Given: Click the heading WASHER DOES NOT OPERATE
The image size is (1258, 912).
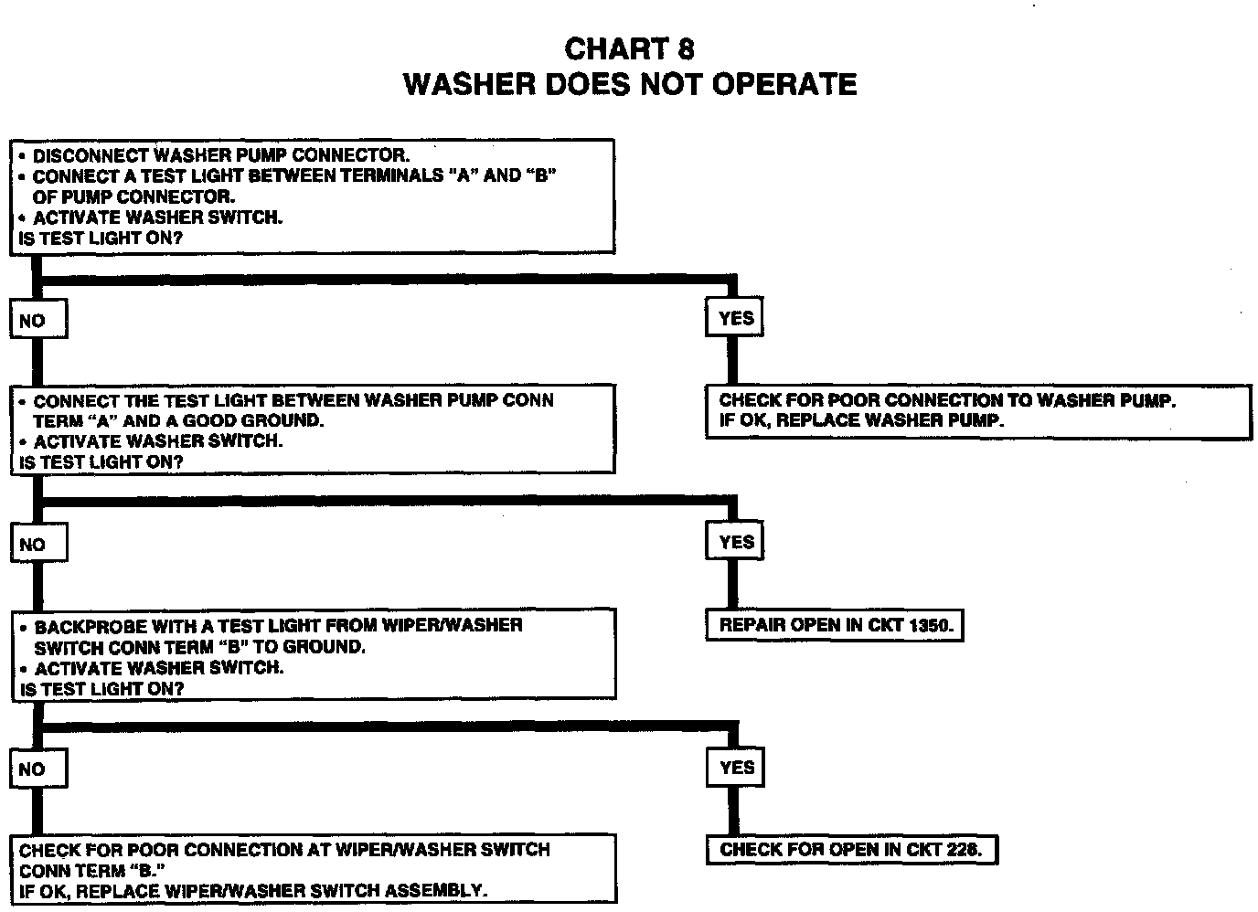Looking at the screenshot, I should (x=630, y=84).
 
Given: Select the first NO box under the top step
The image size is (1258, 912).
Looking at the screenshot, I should (x=37, y=320).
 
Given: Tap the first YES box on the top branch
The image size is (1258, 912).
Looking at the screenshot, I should (x=735, y=317).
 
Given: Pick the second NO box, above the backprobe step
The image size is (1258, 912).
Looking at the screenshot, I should (x=38, y=544).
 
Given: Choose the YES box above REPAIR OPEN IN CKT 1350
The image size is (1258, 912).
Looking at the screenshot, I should (x=735, y=541).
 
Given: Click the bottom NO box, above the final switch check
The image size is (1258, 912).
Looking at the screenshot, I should (x=37, y=769).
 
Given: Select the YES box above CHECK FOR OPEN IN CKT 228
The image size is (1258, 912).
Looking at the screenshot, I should (x=735, y=767).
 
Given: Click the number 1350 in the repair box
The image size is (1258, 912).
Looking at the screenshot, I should (x=930, y=626).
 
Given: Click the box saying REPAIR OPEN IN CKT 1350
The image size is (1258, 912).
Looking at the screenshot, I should (x=835, y=626).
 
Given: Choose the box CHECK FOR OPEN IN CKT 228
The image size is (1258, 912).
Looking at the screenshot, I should (x=850, y=850).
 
